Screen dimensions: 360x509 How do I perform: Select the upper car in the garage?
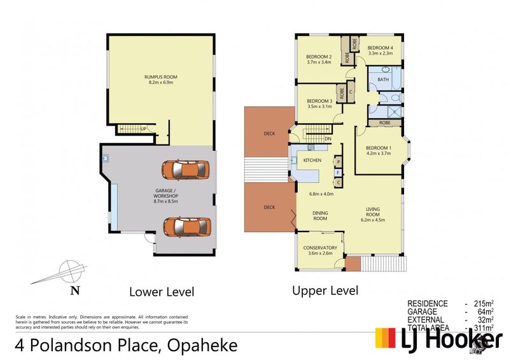185,169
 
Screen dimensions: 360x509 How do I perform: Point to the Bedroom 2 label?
320,59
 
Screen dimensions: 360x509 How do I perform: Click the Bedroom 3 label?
320,104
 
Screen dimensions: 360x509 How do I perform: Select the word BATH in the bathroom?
383,80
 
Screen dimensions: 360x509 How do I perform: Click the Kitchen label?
312,160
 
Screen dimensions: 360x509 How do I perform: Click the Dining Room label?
319,216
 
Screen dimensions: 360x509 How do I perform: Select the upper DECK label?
269,134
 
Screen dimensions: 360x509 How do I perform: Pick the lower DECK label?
269,207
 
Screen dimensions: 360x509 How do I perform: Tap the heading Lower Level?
161,292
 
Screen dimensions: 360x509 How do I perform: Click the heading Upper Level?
325,291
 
